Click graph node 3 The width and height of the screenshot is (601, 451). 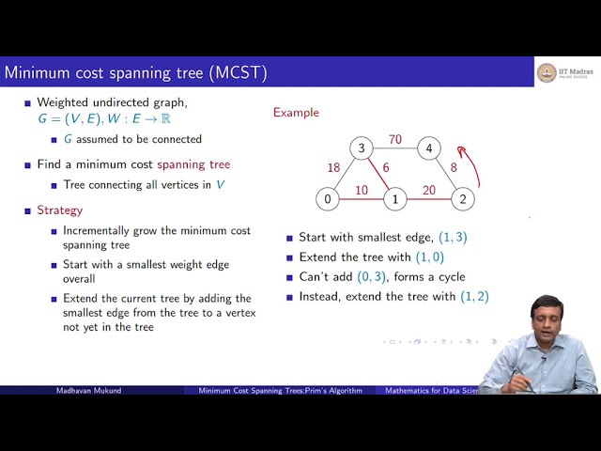(361, 148)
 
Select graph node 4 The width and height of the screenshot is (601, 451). (428, 148)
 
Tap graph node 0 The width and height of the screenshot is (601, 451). (327, 199)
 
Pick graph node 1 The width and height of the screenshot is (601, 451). (395, 199)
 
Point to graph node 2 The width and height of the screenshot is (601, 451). (462, 199)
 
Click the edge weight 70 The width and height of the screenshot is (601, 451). (395, 140)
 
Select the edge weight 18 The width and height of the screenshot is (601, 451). (333, 168)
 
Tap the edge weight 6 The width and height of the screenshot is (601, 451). (386, 167)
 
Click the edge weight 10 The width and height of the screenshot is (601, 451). (362, 190)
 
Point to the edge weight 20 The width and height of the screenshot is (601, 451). (428, 190)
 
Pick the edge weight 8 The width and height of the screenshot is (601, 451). (453, 168)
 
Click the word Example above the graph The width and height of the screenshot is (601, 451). (296, 113)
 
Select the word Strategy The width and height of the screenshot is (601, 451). (59, 210)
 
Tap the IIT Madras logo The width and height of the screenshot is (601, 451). (547, 73)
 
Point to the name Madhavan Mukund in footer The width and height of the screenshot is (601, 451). (89, 390)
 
